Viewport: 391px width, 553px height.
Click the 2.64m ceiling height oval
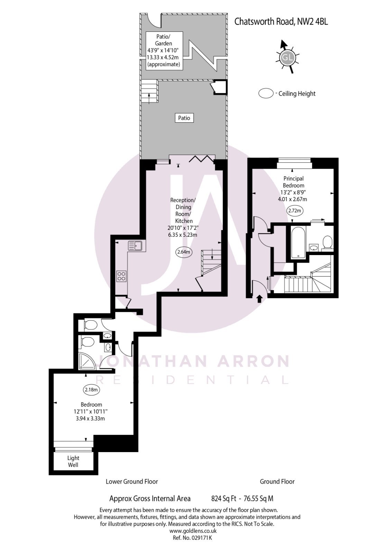point(184,252)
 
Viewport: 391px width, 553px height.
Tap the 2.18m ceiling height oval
point(92,390)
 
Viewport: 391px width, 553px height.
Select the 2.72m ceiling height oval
point(294,210)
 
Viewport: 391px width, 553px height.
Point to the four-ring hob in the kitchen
point(122,276)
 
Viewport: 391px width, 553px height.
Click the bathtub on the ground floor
point(298,242)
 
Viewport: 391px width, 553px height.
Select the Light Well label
point(73,461)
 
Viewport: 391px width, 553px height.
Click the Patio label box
point(184,118)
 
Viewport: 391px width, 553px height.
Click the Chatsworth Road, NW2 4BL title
point(281,21)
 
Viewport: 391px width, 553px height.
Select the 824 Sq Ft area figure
point(223,498)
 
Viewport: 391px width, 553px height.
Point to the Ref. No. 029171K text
point(192,538)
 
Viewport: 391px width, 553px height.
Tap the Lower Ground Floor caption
point(132,481)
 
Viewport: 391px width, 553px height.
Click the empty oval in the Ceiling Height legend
point(266,93)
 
